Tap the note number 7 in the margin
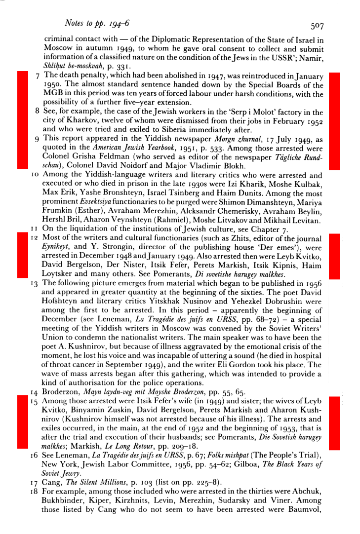38,76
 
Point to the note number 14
36,393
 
